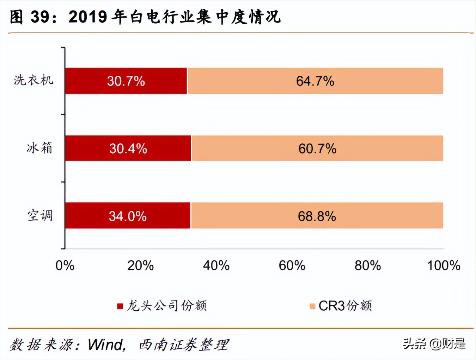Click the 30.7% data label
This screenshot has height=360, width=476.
[x=126, y=81]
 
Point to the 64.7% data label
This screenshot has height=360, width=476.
[x=315, y=81]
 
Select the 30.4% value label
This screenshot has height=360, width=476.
[x=128, y=149]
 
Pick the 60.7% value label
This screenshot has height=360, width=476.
[x=317, y=149]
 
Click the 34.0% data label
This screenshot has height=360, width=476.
[x=128, y=216]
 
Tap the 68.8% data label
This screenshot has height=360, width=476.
[x=317, y=216]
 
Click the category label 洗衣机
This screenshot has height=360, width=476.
[x=33, y=80]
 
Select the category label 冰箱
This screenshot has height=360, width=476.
[x=39, y=148]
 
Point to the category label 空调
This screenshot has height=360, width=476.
[x=40, y=215]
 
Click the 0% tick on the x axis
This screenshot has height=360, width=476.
[x=65, y=265]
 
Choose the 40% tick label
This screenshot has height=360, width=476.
[x=216, y=265]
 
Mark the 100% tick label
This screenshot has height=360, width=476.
[x=444, y=265]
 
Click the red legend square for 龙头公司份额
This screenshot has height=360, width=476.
[x=120, y=306]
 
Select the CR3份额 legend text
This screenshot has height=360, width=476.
[x=345, y=306]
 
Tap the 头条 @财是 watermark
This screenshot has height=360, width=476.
[x=434, y=343]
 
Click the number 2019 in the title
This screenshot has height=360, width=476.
[x=88, y=17]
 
